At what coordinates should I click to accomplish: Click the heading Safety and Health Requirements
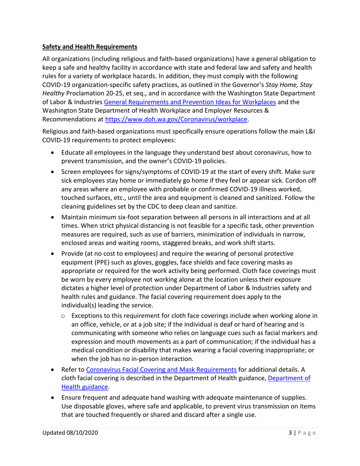pos(89,47)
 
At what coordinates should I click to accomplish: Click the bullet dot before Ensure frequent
pos(53,397)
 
